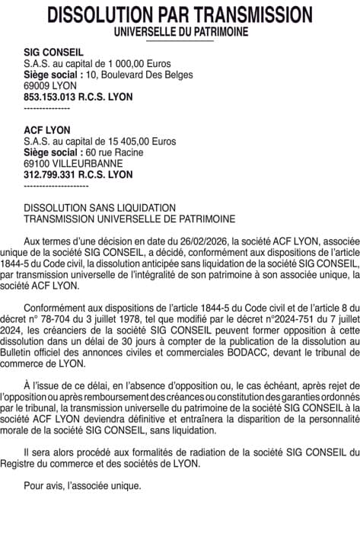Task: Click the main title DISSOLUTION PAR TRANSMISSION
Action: coord(180,14)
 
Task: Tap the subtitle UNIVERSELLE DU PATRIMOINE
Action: coord(180,31)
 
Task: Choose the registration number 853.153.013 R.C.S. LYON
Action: coord(78,97)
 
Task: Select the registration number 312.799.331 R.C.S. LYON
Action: coord(78,175)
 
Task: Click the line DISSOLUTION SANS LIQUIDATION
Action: coord(100,208)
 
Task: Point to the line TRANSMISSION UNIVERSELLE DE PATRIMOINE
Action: coord(129,219)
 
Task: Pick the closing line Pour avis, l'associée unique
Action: coord(82,484)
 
